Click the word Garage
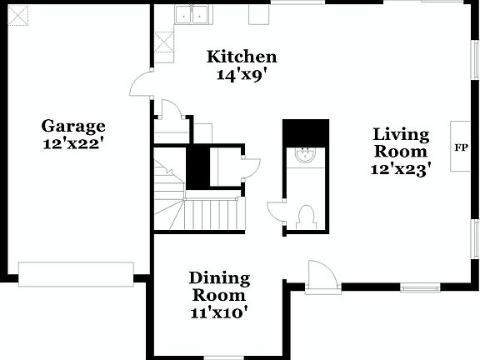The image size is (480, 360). click(73, 126)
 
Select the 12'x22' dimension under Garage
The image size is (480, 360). click(73, 142)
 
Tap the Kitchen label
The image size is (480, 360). click(242, 57)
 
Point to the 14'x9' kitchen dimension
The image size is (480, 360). click(242, 73)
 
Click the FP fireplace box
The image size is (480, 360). click(460, 147)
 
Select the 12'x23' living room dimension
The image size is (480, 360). click(401, 169)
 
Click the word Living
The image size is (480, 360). click(401, 134)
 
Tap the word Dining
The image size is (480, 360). click(219, 278)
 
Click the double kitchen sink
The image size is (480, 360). click(193, 13)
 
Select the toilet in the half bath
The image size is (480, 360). click(305, 217)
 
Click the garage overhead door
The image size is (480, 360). click(76, 274)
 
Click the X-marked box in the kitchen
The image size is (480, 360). click(163, 42)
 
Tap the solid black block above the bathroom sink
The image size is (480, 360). click(306, 132)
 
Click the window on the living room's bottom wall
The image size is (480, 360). click(420, 287)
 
